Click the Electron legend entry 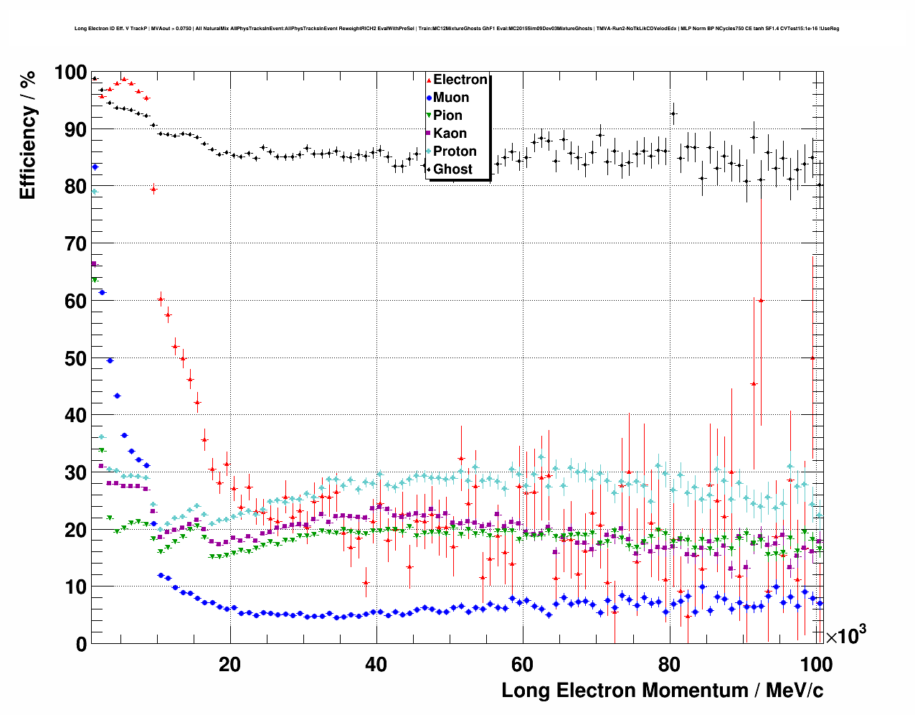tap(460, 80)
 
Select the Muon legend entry tap(450, 98)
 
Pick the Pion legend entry tap(447, 116)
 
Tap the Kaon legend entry tap(450, 134)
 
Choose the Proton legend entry tap(455, 151)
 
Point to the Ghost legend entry tap(452, 169)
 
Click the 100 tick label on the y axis tap(70, 73)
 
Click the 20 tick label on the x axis tap(229, 664)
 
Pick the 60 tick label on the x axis tap(523, 664)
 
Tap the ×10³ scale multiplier tap(845, 635)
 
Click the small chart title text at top tap(457, 29)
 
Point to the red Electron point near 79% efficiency tap(153, 190)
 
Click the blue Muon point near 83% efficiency tap(95, 167)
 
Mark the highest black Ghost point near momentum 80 tap(673, 113)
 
